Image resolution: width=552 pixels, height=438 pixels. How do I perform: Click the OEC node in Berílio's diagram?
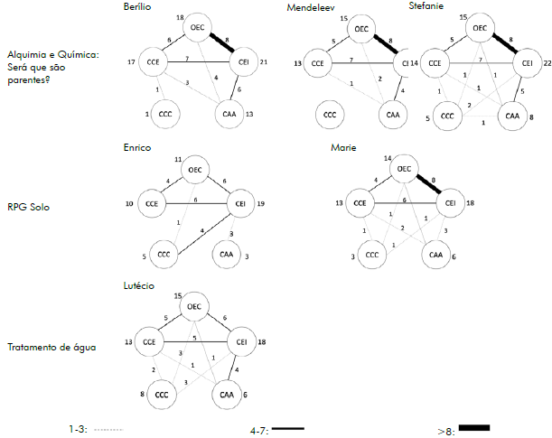click(199, 28)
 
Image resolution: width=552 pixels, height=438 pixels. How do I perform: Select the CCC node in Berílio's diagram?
click(165, 114)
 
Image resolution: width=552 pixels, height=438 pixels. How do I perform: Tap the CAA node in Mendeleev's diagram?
click(392, 115)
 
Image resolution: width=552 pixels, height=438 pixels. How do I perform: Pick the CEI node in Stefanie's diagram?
click(527, 62)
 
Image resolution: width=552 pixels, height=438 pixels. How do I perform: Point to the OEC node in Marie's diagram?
click(404, 169)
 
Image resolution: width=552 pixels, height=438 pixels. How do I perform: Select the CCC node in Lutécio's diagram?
click(163, 395)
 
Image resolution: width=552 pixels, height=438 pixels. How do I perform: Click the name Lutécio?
click(138, 285)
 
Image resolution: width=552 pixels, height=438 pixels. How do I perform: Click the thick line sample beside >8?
click(474, 427)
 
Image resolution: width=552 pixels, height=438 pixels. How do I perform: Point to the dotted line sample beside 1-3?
click(108, 430)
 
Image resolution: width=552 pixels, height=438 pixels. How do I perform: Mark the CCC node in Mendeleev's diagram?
click(330, 115)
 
